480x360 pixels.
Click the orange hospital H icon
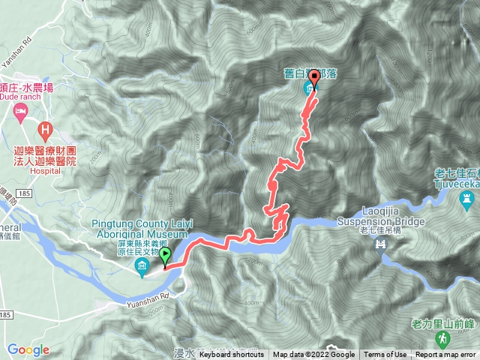46,130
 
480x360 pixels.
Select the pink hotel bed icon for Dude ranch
20,114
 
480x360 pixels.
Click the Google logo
28,349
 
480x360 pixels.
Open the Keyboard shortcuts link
231,355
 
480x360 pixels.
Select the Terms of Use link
385,355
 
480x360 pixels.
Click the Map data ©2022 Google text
313,355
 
